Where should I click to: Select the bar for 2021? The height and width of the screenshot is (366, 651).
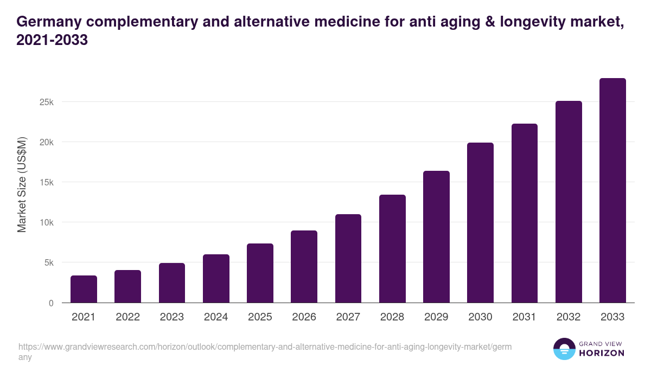84,289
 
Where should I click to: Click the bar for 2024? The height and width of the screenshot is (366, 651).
216,279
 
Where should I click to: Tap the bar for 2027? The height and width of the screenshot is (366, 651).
348,259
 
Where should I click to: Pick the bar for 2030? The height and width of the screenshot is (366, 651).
480,223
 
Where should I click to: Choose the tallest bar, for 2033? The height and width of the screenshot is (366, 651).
612,191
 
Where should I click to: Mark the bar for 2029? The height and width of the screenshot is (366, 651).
436,237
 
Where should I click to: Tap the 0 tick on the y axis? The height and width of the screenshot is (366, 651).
51,303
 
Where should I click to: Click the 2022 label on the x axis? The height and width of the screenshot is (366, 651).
127,317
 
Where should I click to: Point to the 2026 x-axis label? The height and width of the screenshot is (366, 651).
304,317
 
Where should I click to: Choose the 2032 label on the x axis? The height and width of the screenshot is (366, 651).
569,317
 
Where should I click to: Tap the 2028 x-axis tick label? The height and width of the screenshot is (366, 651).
392,317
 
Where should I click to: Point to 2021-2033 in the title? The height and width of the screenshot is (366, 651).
52,40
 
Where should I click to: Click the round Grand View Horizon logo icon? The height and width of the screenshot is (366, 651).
564,349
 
